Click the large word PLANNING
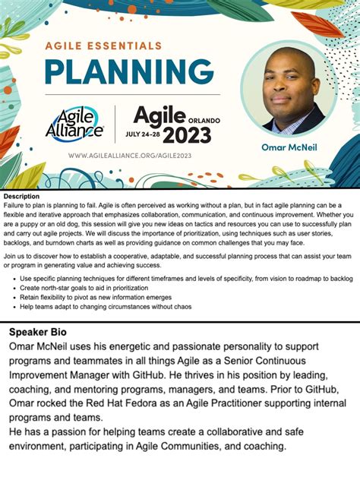point(129,72)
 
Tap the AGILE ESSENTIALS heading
point(103,46)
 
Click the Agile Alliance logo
point(74,122)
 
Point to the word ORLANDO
point(204,120)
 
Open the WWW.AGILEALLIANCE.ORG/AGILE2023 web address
point(130,155)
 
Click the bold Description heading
point(21,197)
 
